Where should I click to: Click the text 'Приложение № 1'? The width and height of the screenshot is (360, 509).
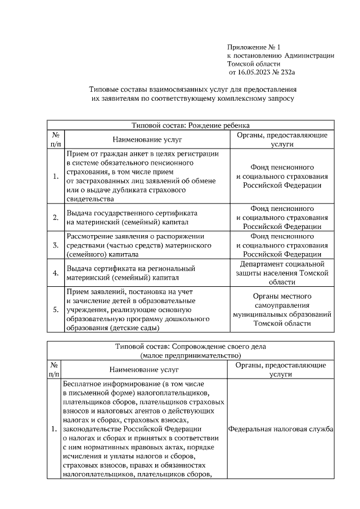(249, 47)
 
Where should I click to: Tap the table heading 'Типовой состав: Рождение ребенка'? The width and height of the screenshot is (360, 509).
(190, 125)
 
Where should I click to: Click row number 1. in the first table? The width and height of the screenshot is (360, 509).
(56, 177)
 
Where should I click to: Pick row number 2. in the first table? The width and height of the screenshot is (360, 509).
(56, 218)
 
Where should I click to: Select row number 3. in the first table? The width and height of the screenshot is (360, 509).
(56, 245)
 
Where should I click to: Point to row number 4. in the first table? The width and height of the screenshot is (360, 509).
(56, 273)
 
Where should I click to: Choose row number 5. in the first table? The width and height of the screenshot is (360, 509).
(56, 309)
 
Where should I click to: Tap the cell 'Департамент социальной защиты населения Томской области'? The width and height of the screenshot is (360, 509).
(282, 272)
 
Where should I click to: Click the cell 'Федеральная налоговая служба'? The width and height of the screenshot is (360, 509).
(281, 429)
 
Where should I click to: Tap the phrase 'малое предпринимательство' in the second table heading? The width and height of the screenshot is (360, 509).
(190, 355)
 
